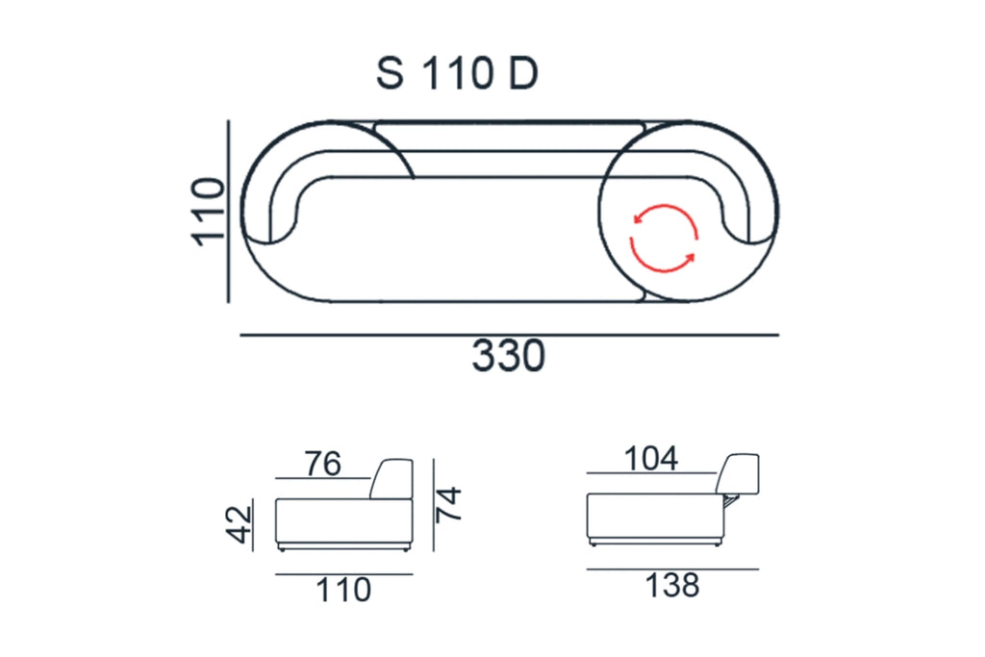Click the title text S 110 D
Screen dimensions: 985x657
[x=457, y=73]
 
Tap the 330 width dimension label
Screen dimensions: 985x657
[x=508, y=356]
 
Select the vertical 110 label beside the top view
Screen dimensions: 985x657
[x=208, y=212]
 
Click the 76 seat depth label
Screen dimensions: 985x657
[x=323, y=464]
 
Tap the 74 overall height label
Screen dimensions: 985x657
[x=449, y=504]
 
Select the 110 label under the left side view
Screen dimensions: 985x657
[x=343, y=590]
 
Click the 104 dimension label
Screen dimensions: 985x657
[x=651, y=459]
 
